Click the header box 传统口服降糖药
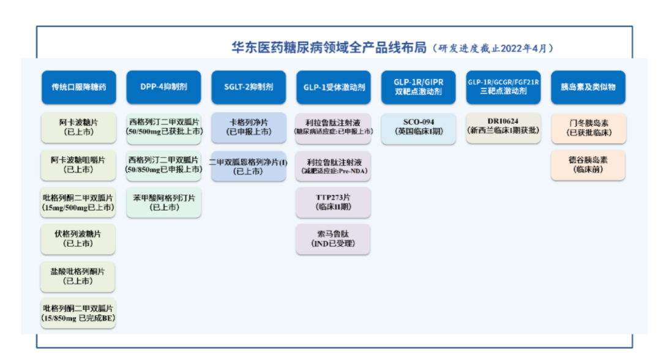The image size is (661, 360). click(x=78, y=87)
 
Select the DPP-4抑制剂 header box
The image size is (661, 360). click(x=163, y=87)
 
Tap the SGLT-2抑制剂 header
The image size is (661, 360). click(x=248, y=87)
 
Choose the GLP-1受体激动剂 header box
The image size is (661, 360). click(x=334, y=87)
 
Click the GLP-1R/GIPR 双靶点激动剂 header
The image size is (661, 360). click(x=419, y=87)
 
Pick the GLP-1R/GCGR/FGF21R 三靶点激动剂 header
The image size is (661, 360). click(x=503, y=87)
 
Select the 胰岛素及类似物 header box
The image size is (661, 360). click(x=588, y=87)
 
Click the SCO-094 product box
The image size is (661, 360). click(x=419, y=126)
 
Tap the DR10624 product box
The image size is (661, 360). click(x=503, y=126)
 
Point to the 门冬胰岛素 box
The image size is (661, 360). click(x=588, y=127)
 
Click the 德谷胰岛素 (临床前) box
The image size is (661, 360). click(x=588, y=164)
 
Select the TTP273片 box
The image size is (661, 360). click(x=334, y=202)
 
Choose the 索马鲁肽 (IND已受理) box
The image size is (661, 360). click(x=334, y=239)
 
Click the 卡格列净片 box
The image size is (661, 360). click(x=248, y=127)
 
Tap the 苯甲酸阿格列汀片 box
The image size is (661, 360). click(x=163, y=203)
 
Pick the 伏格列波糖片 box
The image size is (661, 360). click(x=78, y=239)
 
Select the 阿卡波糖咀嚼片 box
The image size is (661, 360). click(x=78, y=165)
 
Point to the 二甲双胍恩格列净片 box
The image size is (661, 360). click(x=248, y=166)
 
